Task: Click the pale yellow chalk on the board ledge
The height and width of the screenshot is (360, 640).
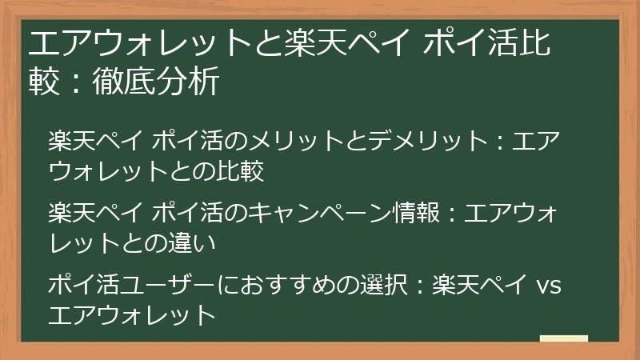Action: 563,340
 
